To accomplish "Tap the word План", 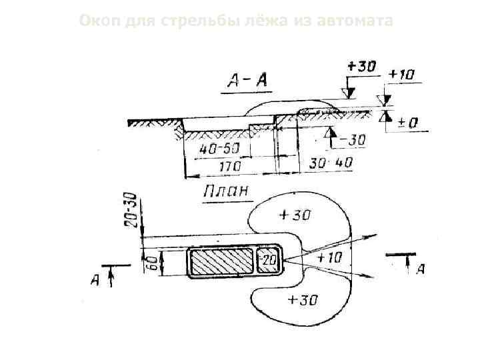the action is click(226, 191).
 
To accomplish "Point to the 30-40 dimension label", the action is click(331, 162).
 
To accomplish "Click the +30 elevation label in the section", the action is click(362, 67).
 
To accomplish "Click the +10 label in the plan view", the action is click(329, 257).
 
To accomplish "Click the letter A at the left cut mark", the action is click(96, 281).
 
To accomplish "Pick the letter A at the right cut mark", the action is click(420, 269).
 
